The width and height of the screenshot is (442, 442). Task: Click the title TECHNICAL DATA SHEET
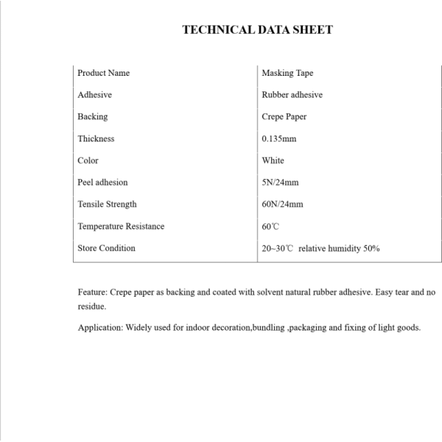point(257,30)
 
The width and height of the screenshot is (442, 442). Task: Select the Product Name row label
point(103,73)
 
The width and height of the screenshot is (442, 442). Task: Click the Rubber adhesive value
point(292,95)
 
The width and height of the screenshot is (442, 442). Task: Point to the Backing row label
point(92,116)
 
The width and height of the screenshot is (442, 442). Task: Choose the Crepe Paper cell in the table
point(284,116)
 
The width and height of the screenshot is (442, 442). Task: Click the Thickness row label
point(96,138)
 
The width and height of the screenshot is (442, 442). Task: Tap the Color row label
point(88,161)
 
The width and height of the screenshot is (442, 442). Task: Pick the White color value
point(273,161)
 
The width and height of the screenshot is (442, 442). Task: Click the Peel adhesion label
point(102,183)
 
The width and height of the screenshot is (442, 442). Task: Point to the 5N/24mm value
point(280,183)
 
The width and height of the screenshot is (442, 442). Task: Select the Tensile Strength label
point(107,204)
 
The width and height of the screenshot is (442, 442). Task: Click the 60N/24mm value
point(282,204)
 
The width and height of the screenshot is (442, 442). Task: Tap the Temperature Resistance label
point(121,226)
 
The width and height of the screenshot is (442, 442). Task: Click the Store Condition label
point(106,248)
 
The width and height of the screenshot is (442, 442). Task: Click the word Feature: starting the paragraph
point(94,292)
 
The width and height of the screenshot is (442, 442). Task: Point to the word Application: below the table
point(100,327)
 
